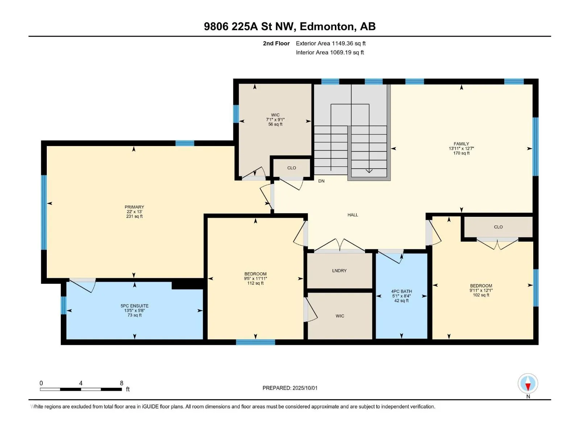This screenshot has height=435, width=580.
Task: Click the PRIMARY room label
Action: click(134, 207)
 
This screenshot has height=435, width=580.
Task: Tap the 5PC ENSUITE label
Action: click(134, 306)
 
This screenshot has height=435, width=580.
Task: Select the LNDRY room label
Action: click(339, 271)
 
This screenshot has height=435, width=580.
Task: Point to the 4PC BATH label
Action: click(401, 291)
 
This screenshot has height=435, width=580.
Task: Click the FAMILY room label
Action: click(461, 144)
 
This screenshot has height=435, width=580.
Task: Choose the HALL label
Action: click(353, 215)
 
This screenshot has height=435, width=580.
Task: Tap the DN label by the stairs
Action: click(321, 181)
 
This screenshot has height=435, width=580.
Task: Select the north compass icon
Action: click(528, 383)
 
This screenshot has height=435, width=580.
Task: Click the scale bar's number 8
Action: click(121, 383)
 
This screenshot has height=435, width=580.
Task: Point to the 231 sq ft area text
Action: click(134, 216)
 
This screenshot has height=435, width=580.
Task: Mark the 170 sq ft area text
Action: click(461, 153)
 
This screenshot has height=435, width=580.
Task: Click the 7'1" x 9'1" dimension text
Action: click(275, 120)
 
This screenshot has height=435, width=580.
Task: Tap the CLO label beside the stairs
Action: click(291, 168)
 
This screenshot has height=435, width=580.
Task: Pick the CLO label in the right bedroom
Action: click(498, 227)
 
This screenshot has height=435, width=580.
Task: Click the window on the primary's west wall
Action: click(44, 212)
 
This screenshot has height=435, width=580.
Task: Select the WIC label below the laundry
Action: click(340, 316)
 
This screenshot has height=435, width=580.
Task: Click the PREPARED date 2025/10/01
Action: click(304, 388)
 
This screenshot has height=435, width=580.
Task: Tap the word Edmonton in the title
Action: click(327, 26)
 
